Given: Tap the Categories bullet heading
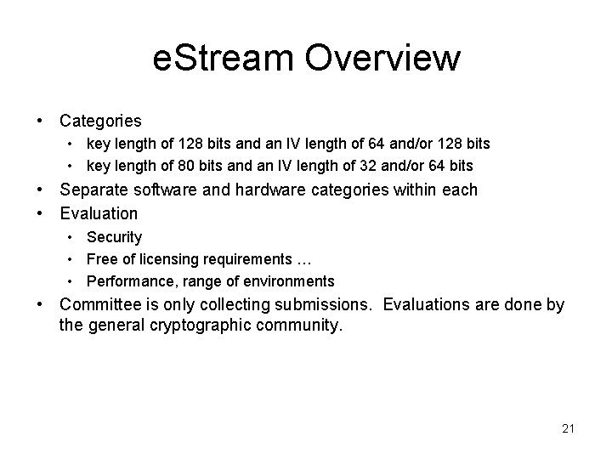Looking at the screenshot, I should (x=100, y=122).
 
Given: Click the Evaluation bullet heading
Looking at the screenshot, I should (x=99, y=213).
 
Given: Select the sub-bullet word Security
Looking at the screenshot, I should (x=114, y=237).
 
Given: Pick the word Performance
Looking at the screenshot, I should (x=123, y=281).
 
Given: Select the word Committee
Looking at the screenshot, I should (x=99, y=305).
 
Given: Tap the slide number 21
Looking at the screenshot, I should (x=568, y=428).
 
